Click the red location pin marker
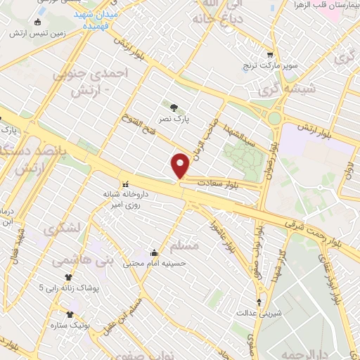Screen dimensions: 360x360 181,166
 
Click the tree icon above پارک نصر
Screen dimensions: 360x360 174,107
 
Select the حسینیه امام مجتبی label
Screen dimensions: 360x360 153,264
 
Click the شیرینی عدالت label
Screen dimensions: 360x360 259,312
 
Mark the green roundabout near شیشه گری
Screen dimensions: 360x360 274,118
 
